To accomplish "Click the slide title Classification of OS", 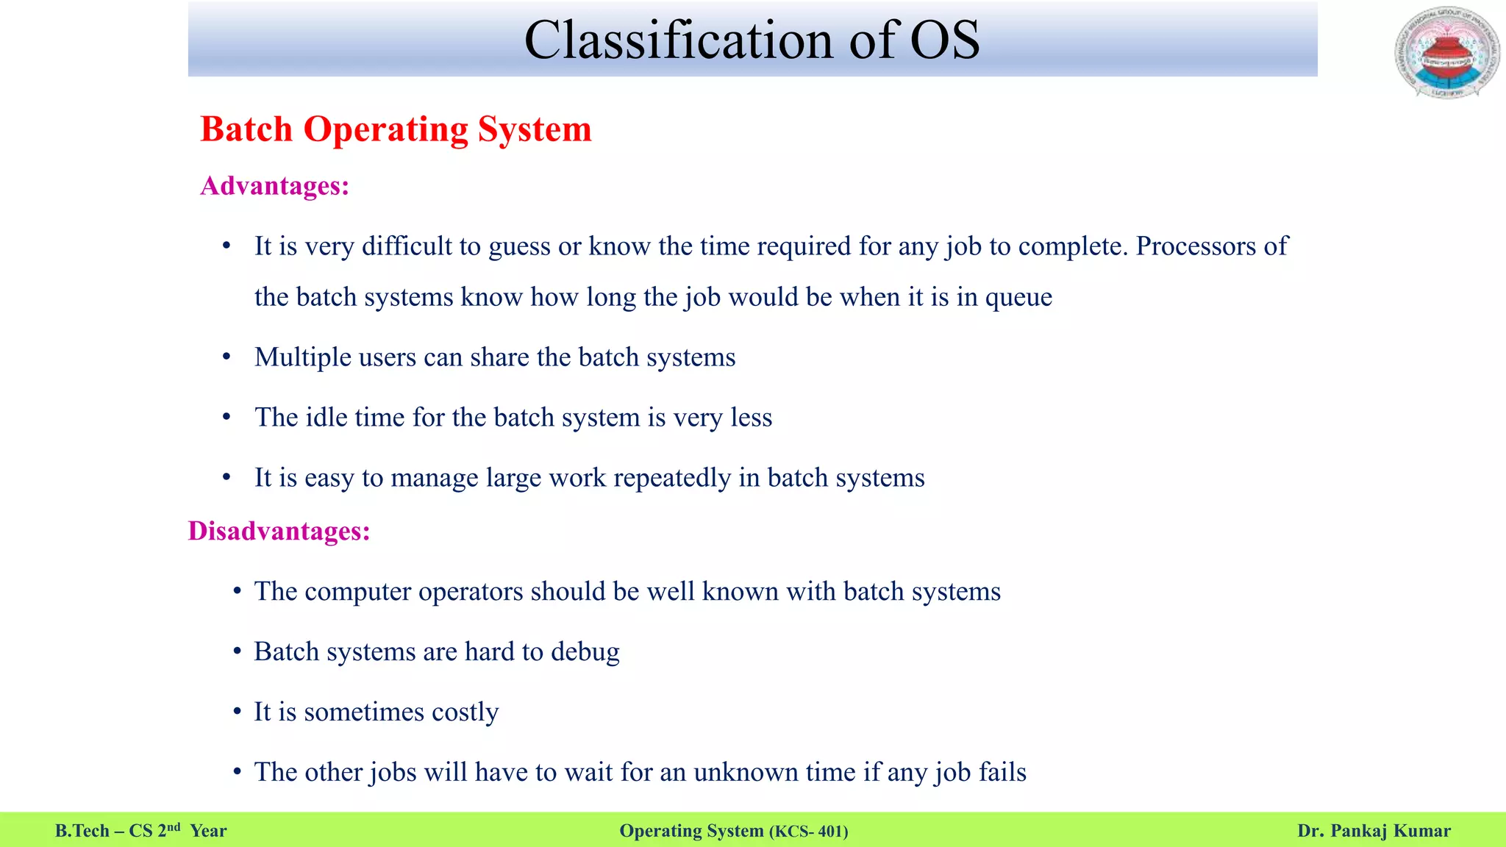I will pyautogui.click(x=752, y=40).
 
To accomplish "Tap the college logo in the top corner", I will pyautogui.click(x=1446, y=52).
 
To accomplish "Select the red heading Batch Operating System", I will pyautogui.click(x=396, y=129).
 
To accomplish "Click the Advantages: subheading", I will pyautogui.click(x=274, y=186).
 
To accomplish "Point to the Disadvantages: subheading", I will pyautogui.click(x=279, y=531).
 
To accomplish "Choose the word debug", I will pyautogui.click(x=585, y=653).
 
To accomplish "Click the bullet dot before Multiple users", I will pyautogui.click(x=226, y=358).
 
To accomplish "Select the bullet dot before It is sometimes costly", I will pyautogui.click(x=237, y=712).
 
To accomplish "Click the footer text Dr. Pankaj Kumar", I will pyautogui.click(x=1374, y=831).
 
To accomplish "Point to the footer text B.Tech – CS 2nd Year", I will pyautogui.click(x=140, y=831).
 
